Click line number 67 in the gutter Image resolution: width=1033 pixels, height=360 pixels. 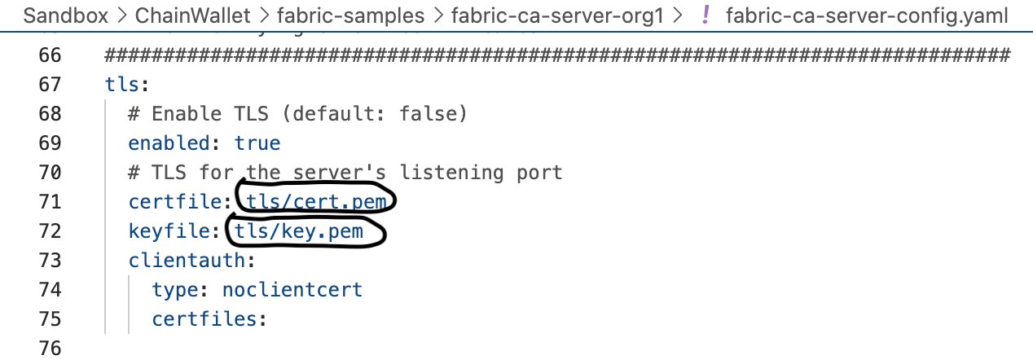click(x=51, y=85)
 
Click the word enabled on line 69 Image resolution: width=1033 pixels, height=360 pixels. click(x=169, y=143)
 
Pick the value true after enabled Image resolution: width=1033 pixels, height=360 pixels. click(x=257, y=143)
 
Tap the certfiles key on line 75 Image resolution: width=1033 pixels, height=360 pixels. click(x=209, y=319)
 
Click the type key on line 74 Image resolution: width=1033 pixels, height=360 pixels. click(x=174, y=290)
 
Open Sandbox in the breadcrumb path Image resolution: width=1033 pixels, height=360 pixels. click(x=65, y=15)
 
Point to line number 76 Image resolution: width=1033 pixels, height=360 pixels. click(x=51, y=349)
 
